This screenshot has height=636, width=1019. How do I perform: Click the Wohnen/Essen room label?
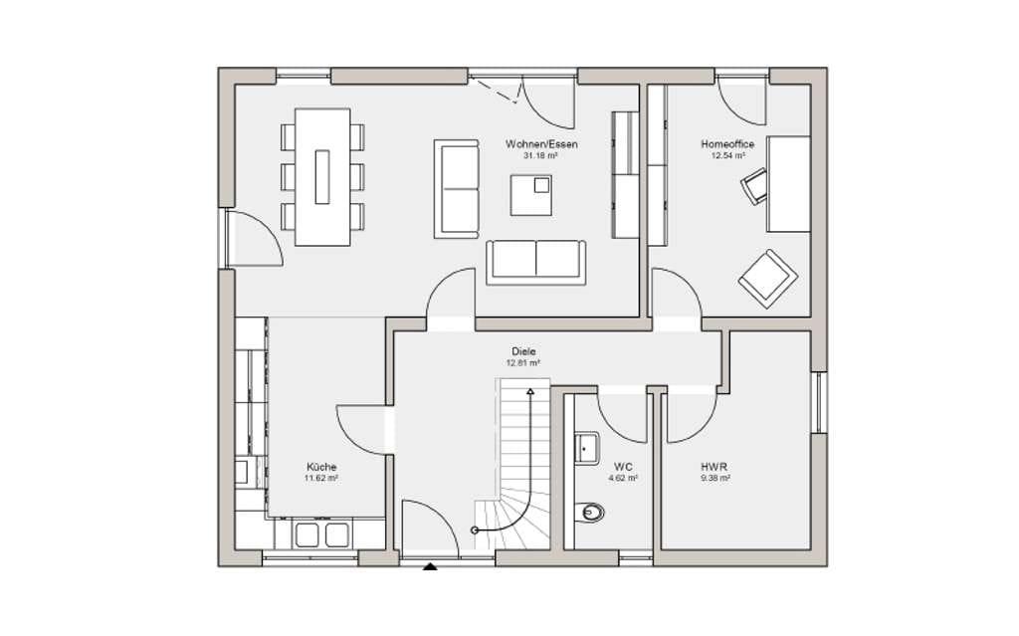[x=541, y=144]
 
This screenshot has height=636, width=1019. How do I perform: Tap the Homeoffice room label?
[x=727, y=144]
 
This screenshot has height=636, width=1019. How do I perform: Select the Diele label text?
[x=523, y=351]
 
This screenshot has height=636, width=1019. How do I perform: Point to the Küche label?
[x=321, y=467]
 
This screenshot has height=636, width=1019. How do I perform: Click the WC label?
[x=623, y=467]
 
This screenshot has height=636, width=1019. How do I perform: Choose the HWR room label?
[x=714, y=467]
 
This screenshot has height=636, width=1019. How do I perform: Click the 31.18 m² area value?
[x=540, y=156]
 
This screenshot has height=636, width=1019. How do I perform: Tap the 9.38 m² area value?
[x=714, y=478]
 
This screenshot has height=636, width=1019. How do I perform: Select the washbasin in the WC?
[x=587, y=448]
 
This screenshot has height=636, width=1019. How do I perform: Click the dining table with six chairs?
[x=322, y=177]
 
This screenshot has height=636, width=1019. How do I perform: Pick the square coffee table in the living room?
[x=531, y=195]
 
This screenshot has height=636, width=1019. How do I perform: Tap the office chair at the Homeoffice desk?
[x=754, y=186]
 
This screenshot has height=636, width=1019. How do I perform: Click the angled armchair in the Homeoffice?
[x=768, y=279]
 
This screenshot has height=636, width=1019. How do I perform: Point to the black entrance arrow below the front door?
[x=430, y=566]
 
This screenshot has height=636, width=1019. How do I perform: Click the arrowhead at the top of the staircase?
[x=530, y=392]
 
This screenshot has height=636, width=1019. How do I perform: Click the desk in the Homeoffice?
[x=788, y=184]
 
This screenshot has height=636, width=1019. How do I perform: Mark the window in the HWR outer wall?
[x=820, y=402]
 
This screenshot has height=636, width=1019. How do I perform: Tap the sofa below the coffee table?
[x=535, y=262]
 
